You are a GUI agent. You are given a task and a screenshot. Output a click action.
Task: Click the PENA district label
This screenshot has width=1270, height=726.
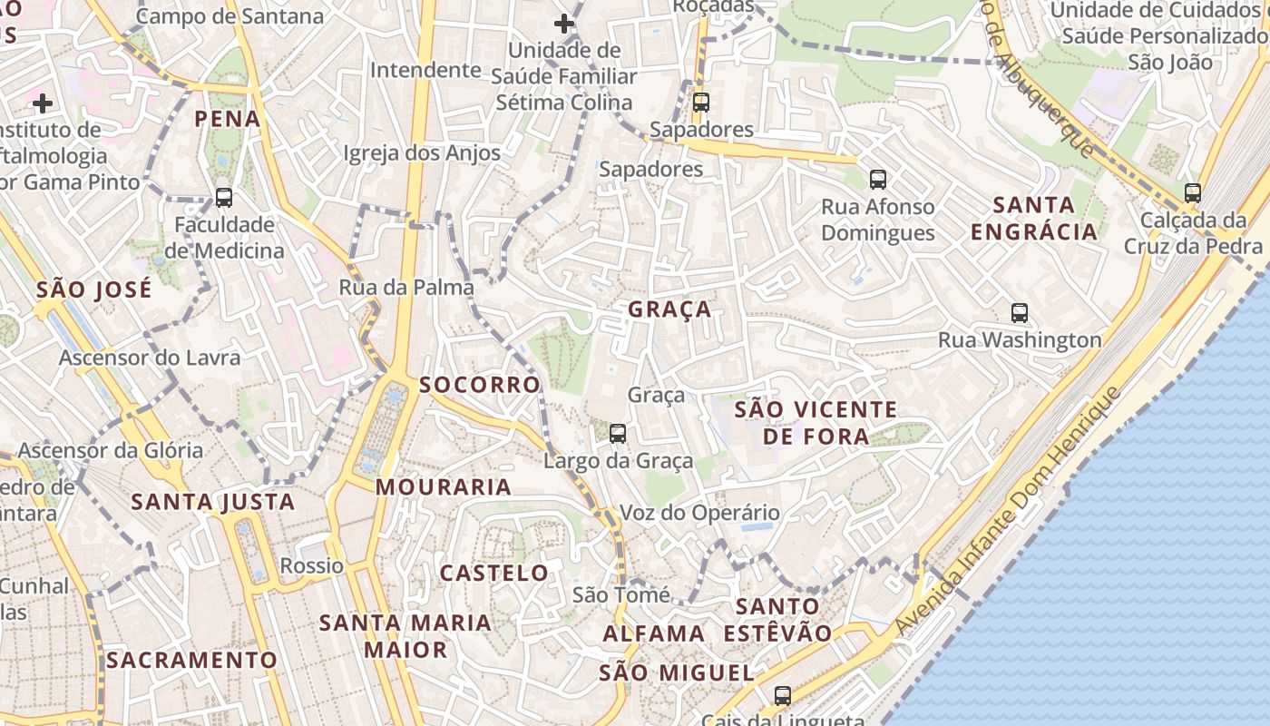tap(227, 119)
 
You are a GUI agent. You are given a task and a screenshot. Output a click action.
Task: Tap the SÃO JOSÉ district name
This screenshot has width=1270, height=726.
tap(94, 290)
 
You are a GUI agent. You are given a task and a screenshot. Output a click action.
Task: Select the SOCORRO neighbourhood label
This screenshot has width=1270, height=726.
tap(480, 385)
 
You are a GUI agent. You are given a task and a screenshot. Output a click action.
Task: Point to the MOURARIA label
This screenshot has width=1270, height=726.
tap(444, 487)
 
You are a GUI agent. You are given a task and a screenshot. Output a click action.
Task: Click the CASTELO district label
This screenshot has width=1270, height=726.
tap(494, 574)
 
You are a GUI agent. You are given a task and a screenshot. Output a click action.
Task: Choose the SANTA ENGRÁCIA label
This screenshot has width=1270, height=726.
tap(1034, 219)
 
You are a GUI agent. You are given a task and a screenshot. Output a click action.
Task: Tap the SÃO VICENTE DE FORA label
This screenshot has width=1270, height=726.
tap(816, 423)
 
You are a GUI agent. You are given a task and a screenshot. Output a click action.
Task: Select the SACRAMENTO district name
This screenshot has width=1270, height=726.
tap(191, 661)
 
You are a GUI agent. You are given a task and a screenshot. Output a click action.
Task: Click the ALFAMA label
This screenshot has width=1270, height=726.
tap(653, 633)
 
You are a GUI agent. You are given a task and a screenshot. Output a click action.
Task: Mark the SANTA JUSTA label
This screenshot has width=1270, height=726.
tap(213, 502)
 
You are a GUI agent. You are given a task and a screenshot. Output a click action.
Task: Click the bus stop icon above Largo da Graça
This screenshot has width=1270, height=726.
tap(618, 433)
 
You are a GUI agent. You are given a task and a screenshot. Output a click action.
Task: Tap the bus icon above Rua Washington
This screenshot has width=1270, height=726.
tap(1020, 313)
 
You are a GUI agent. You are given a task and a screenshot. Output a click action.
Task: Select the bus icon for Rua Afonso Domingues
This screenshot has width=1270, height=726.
tap(877, 179)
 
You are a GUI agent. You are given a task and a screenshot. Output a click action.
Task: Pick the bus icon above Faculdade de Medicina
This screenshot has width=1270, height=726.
tap(223, 197)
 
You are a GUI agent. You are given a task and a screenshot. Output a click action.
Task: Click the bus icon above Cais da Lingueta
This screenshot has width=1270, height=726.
tap(782, 696)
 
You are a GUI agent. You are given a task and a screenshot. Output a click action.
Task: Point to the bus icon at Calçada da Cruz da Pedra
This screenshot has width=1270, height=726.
tap(1193, 192)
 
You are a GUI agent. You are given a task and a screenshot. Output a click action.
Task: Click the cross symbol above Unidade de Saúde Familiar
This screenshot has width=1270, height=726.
tap(564, 24)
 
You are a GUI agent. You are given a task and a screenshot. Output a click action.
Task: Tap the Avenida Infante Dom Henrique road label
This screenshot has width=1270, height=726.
tap(1007, 511)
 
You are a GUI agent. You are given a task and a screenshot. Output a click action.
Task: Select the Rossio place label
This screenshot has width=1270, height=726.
tap(311, 566)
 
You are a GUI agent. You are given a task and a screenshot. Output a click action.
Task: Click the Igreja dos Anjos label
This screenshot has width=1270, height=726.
tap(422, 153)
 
